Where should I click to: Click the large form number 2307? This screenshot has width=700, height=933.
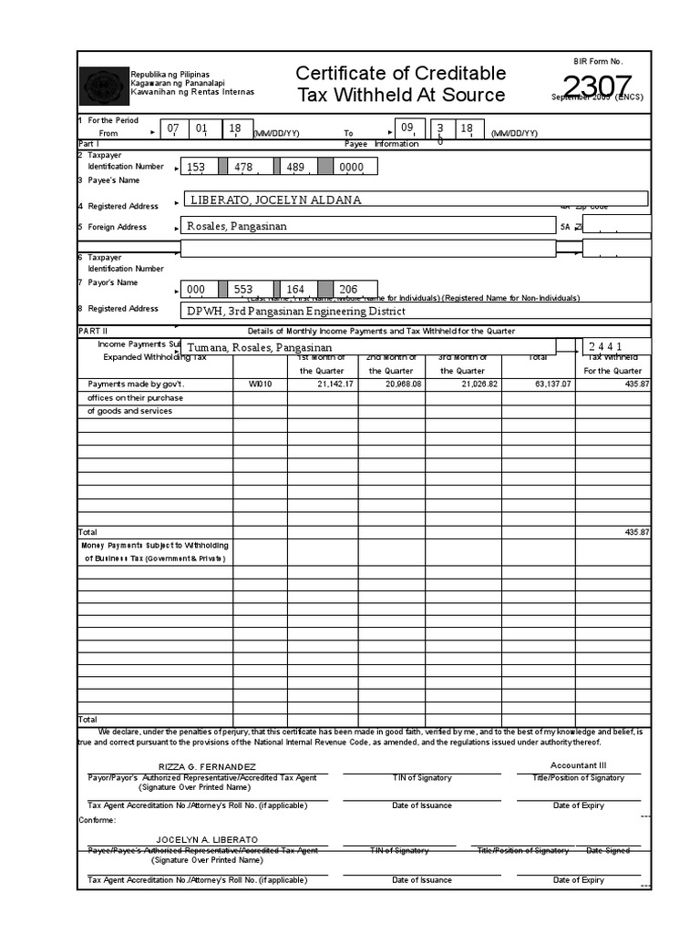(x=597, y=87)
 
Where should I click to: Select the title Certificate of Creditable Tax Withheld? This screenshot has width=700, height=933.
(x=400, y=84)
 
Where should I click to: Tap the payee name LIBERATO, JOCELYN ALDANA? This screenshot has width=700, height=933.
(x=274, y=200)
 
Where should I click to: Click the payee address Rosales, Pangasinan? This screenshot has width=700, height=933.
(x=236, y=226)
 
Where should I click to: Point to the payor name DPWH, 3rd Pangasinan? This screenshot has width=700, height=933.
(x=295, y=311)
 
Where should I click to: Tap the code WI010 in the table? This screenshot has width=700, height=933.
(x=260, y=384)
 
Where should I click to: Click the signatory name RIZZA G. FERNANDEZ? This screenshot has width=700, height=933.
(x=207, y=767)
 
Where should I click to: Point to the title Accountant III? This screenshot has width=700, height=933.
(x=578, y=765)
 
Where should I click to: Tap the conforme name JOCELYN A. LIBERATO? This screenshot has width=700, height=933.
(x=207, y=839)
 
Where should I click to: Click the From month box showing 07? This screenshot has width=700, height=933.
(x=173, y=128)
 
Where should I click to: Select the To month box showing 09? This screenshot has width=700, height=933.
(x=408, y=128)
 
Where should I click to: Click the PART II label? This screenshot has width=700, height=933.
(x=93, y=330)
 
